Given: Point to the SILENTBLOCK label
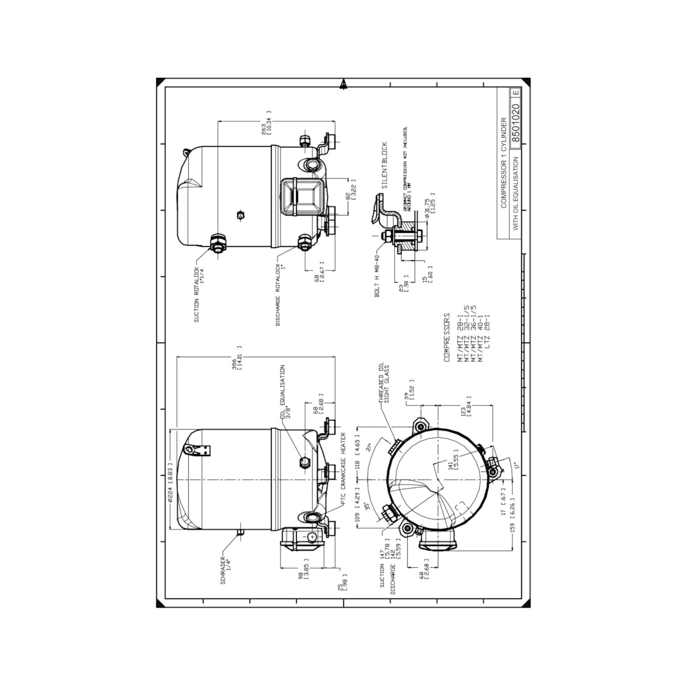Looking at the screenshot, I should click(x=384, y=165).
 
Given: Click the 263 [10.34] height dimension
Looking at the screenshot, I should click(x=267, y=122).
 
